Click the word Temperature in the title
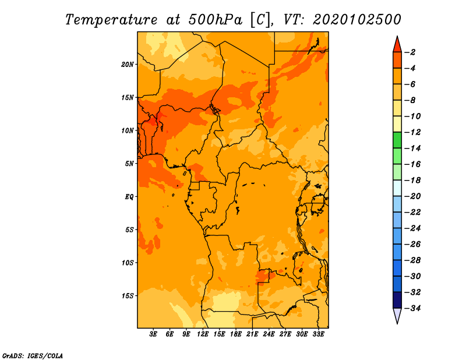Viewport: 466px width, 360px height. click(x=111, y=20)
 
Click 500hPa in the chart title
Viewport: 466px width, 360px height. click(x=215, y=20)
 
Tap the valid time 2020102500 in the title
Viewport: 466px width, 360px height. click(x=356, y=20)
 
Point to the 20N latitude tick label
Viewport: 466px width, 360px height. click(x=128, y=65)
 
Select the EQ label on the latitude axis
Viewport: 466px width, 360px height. click(x=129, y=197)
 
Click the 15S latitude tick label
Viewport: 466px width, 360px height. click(x=128, y=296)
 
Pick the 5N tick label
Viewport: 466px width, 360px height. click(x=129, y=164)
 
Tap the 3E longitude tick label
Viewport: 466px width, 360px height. click(x=153, y=334)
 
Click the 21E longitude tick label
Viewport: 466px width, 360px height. click(x=252, y=334)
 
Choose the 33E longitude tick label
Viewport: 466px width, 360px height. click(x=318, y=334)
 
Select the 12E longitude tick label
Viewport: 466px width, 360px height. click(x=202, y=334)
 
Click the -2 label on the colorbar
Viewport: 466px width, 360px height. click(x=410, y=52)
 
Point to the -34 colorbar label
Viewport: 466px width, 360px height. click(x=412, y=308)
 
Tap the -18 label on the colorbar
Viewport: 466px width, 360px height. click(x=412, y=181)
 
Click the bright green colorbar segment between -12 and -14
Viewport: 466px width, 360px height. click(x=397, y=140)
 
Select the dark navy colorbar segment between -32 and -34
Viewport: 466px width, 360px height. click(x=397, y=300)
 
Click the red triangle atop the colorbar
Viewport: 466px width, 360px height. click(x=397, y=45)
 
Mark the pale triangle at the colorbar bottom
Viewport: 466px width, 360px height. click(x=397, y=315)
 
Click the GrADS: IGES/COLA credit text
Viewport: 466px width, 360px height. click(x=33, y=356)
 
